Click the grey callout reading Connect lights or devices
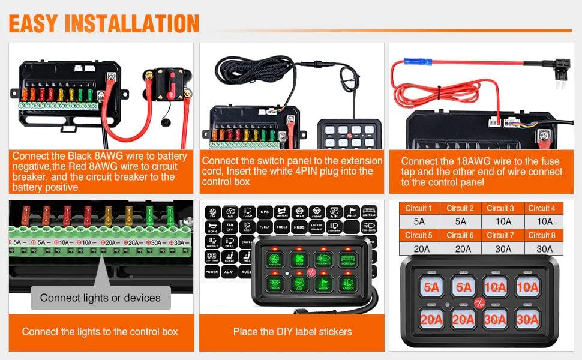pyautogui.click(x=100, y=298)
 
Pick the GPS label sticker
pyautogui.click(x=265, y=212)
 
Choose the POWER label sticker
pyautogui.click(x=212, y=272)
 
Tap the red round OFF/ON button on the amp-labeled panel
pyautogui.click(x=478, y=303)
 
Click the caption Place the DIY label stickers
pyautogui.click(x=292, y=331)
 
